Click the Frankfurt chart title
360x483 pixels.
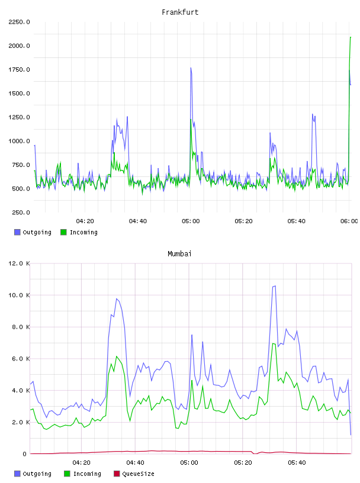pyautogui.click(x=180, y=12)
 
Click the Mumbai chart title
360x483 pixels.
pyautogui.click(x=179, y=254)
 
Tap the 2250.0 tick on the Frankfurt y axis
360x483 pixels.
pyautogui.click(x=19, y=22)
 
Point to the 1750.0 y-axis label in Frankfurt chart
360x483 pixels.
pyautogui.click(x=19, y=70)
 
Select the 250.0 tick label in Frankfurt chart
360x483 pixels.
pyautogui.click(x=21, y=212)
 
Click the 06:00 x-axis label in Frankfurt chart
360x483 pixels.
pyautogui.click(x=349, y=221)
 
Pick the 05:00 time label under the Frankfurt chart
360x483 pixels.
pyautogui.click(x=191, y=221)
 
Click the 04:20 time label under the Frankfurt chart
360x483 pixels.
pyautogui.click(x=85, y=221)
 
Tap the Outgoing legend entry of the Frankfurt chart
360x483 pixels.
pyautogui.click(x=33, y=232)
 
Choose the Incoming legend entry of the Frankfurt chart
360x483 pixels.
pyautogui.click(x=79, y=232)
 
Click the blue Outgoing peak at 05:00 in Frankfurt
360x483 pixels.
pyautogui.click(x=191, y=68)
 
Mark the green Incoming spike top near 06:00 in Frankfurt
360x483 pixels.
pyautogui.click(x=351, y=37)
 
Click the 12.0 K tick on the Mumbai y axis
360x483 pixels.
pyautogui.click(x=19, y=263)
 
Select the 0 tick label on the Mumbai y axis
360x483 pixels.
pyautogui.click(x=24, y=454)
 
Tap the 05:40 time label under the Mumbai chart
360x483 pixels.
pyautogui.click(x=297, y=463)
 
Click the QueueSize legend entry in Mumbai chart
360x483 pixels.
pyautogui.click(x=134, y=474)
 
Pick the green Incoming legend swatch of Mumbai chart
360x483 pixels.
pyautogui.click(x=67, y=474)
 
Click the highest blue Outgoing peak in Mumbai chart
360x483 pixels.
pyautogui.click(x=275, y=286)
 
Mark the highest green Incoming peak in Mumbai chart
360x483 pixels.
pyautogui.click(x=273, y=343)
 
